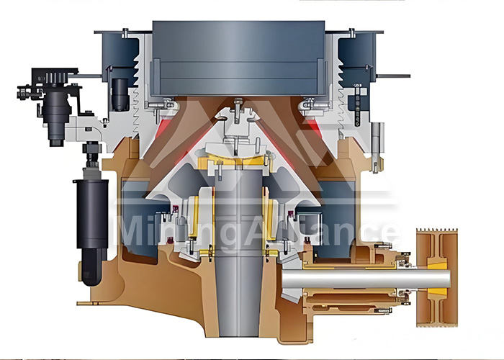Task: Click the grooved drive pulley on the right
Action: click(x=437, y=278)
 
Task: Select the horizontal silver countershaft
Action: click(x=366, y=279)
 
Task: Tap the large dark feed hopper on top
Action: click(x=238, y=58)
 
